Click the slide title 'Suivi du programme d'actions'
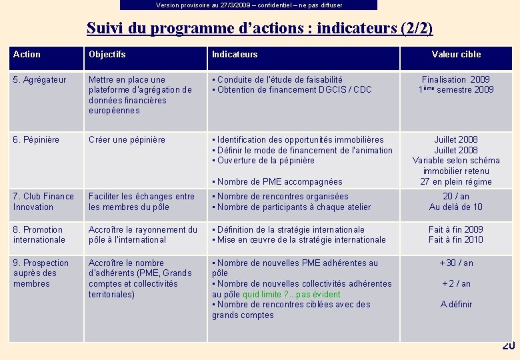tap(259, 28)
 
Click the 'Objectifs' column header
tap(107, 55)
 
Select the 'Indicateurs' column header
tap(235, 55)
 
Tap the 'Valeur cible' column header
tap(456, 55)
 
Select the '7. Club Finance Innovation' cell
tap(43, 201)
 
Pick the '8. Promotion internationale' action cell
tap(39, 235)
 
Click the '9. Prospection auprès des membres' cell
tap(41, 273)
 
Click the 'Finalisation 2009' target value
tap(456, 79)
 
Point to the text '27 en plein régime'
tap(456, 181)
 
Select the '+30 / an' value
tap(456, 263)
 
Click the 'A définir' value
tap(456, 305)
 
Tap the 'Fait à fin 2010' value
tap(456, 240)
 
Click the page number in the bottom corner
tap(509, 346)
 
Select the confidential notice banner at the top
tap(249, 5)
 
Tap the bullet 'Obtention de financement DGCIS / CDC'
tap(294, 90)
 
